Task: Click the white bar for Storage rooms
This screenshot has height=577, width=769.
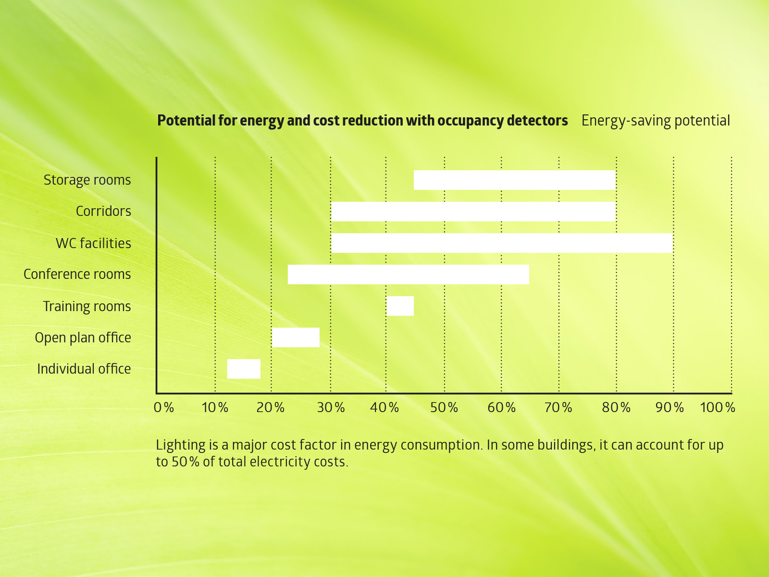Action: point(514,180)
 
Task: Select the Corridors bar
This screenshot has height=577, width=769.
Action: point(473,212)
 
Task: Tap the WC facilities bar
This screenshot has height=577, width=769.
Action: point(502,243)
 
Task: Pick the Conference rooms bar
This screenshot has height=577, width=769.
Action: point(409,274)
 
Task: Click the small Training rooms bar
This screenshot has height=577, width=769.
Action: point(400,306)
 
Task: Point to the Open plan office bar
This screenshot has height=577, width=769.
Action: point(296,337)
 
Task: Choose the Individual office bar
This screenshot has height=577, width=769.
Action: point(244,369)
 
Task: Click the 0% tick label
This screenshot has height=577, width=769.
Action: point(163,408)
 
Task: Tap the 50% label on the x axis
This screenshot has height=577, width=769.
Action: point(444,408)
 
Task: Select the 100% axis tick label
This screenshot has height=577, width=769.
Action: point(717,408)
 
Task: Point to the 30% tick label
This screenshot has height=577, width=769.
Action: point(331,408)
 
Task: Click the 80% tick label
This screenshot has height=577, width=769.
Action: point(616,408)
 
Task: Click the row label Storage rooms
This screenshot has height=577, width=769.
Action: point(87,180)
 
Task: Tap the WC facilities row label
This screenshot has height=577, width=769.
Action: point(93,243)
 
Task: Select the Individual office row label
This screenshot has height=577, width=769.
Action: point(84,369)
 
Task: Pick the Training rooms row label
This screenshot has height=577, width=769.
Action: point(87,306)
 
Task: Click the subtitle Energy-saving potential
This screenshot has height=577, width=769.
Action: point(655,121)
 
